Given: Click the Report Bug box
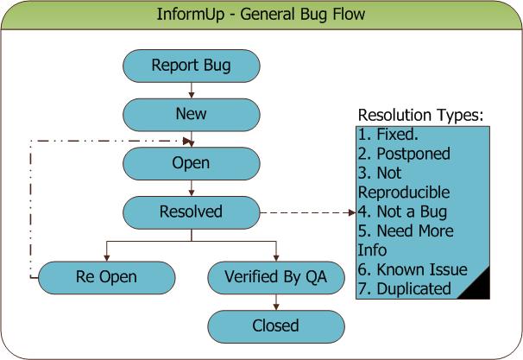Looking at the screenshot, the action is click(192, 66).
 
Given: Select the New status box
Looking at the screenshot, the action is click(192, 115).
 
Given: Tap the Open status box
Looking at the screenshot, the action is click(192, 163).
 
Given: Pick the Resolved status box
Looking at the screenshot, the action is click(192, 212).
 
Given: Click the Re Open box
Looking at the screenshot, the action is click(107, 278).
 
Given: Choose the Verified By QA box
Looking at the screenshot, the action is click(276, 278).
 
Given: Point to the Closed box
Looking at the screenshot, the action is click(276, 326).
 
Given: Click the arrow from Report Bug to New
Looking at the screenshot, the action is click(192, 91).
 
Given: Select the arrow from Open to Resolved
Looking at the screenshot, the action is click(192, 188).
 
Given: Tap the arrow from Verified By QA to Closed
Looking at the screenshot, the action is click(276, 302).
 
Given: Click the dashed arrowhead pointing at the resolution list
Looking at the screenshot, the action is click(352, 212).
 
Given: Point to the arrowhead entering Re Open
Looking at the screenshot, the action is click(107, 258).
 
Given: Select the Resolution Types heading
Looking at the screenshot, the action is click(420, 115).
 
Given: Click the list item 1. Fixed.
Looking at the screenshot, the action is click(388, 135).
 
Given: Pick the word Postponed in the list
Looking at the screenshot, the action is click(413, 155).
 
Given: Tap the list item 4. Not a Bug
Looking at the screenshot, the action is click(402, 212).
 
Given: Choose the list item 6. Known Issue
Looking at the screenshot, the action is click(413, 269).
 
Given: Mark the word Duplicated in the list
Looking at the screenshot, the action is click(414, 288).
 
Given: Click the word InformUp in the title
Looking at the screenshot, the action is click(191, 15).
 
